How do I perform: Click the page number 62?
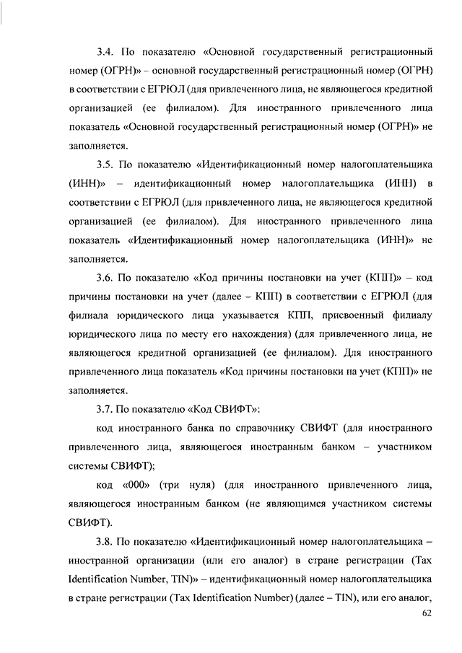(426, 615)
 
